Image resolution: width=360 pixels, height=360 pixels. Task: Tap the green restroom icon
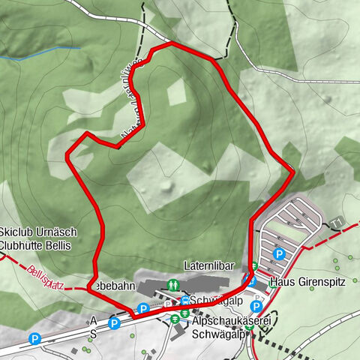(x=173, y=285)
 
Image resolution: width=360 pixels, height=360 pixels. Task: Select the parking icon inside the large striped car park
(x=278, y=253)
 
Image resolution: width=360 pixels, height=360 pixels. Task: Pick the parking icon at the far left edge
(x=34, y=339)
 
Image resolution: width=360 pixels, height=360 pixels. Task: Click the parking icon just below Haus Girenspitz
(x=256, y=306)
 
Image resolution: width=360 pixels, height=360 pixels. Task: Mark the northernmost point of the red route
(x=171, y=43)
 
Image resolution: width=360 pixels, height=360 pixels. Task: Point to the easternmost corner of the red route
(x=293, y=172)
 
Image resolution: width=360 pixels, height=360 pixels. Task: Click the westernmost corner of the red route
(x=67, y=155)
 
